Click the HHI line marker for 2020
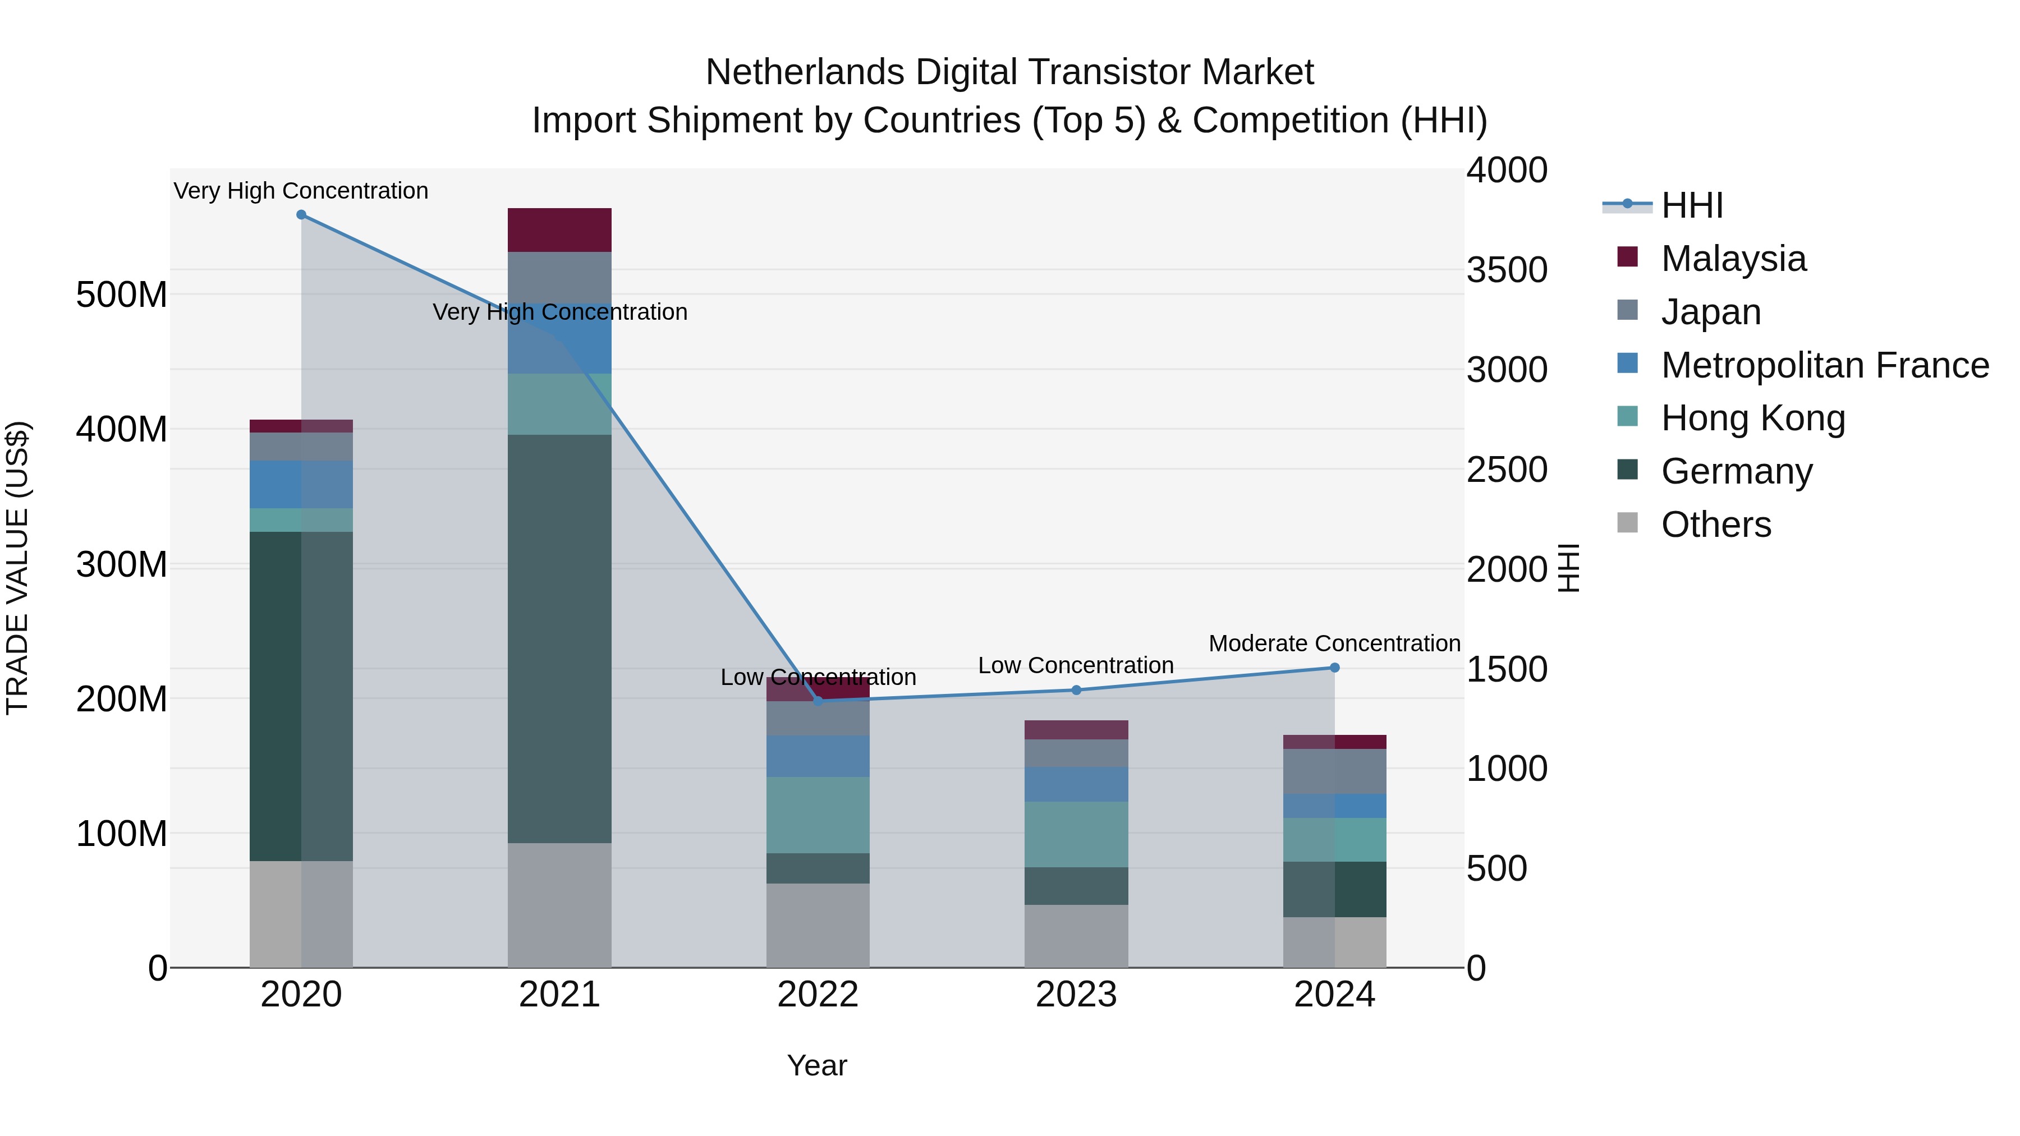click(x=301, y=215)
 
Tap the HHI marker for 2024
click(x=1335, y=668)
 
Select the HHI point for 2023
click(x=1076, y=690)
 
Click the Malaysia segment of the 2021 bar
click(x=559, y=229)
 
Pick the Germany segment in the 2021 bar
click(x=559, y=639)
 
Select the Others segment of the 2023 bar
click(x=1076, y=936)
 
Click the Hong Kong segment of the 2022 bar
click(x=818, y=815)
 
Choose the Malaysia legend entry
click(x=1733, y=259)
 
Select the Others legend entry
click(x=1716, y=525)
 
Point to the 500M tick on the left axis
click(x=122, y=295)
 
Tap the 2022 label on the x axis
click(x=818, y=995)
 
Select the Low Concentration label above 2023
click(x=1075, y=665)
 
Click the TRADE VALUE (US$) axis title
click(x=17, y=568)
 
